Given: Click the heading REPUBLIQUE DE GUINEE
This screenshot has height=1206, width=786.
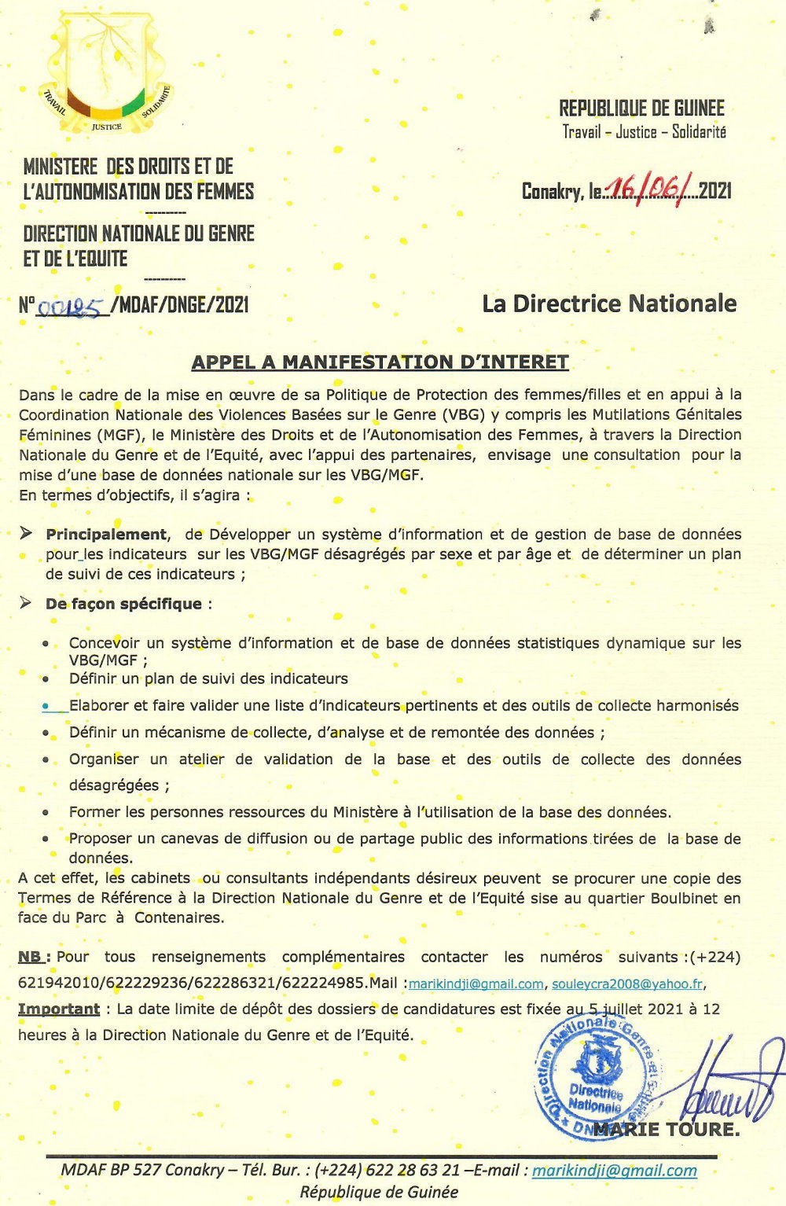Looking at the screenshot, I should pyautogui.click(x=641, y=108).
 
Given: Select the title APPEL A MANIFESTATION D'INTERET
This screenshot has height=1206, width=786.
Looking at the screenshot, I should pyautogui.click(x=380, y=362).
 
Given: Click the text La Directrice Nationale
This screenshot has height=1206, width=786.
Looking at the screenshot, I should pyautogui.click(x=609, y=303).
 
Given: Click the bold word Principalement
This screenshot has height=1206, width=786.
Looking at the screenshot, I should pyautogui.click(x=106, y=535).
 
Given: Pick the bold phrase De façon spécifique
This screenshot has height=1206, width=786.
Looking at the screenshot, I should pyautogui.click(x=123, y=604).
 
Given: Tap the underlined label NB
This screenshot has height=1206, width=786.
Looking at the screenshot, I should pyautogui.click(x=31, y=957).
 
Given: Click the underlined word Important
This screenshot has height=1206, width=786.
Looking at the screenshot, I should pyautogui.click(x=59, y=1009).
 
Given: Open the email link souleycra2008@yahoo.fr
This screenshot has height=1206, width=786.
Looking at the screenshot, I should pyautogui.click(x=627, y=984).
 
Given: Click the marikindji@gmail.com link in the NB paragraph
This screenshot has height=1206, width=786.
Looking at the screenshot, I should pyautogui.click(x=476, y=984).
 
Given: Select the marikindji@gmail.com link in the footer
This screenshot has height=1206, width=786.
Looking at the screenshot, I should pyautogui.click(x=614, y=1170).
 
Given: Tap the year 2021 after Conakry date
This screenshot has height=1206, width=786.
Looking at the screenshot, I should pyautogui.click(x=714, y=190).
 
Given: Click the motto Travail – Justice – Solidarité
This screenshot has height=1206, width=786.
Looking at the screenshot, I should pyautogui.click(x=644, y=132).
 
